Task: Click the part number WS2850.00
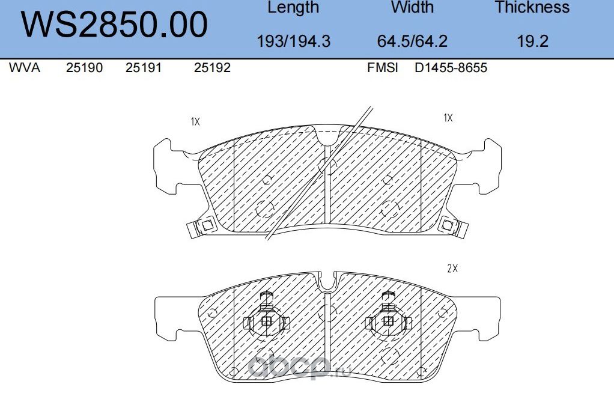coord(115,25)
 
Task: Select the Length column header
coord(293,8)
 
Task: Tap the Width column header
coord(412,8)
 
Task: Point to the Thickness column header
coord(532,8)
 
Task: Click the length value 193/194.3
coord(293,41)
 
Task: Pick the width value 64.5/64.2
coord(412,41)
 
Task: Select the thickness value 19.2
coord(532,41)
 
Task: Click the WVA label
coord(25,68)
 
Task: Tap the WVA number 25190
coord(84,68)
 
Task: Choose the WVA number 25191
coord(143,68)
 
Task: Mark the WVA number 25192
coord(212,68)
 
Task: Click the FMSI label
coord(383,68)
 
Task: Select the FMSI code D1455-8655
coord(451,68)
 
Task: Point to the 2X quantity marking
coord(452,269)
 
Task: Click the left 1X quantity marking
coord(195,121)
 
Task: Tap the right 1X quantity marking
coord(448,118)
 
